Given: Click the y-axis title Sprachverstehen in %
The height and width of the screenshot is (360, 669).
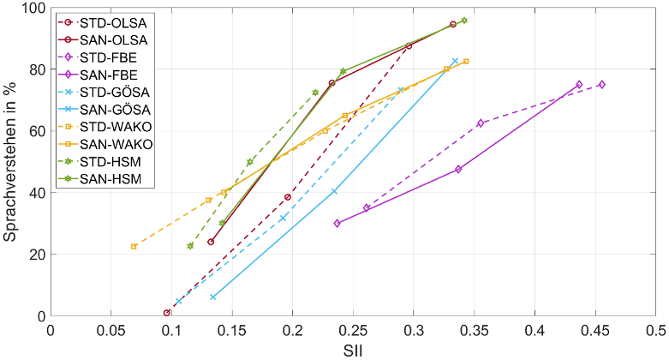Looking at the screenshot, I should pyautogui.click(x=12, y=161).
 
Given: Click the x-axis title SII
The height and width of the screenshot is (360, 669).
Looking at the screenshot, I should pyautogui.click(x=353, y=350).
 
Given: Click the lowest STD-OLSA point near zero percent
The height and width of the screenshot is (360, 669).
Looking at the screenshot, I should pyautogui.click(x=167, y=313).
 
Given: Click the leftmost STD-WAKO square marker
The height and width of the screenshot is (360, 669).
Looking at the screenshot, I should pyautogui.click(x=134, y=246).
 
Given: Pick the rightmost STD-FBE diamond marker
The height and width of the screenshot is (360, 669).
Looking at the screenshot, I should pyautogui.click(x=601, y=84).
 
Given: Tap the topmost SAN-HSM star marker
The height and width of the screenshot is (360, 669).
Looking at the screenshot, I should pyautogui.click(x=464, y=21).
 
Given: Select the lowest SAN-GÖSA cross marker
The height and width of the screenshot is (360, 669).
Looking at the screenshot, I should pyautogui.click(x=212, y=297).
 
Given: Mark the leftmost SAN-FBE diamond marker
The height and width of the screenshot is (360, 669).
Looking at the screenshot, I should pyautogui.click(x=337, y=223).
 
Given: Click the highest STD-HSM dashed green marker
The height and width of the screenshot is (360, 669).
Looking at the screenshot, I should pyautogui.click(x=315, y=93).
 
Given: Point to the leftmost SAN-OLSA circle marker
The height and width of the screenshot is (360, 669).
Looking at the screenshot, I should pyautogui.click(x=211, y=242).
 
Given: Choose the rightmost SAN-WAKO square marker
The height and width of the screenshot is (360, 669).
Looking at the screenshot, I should pyautogui.click(x=466, y=62).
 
